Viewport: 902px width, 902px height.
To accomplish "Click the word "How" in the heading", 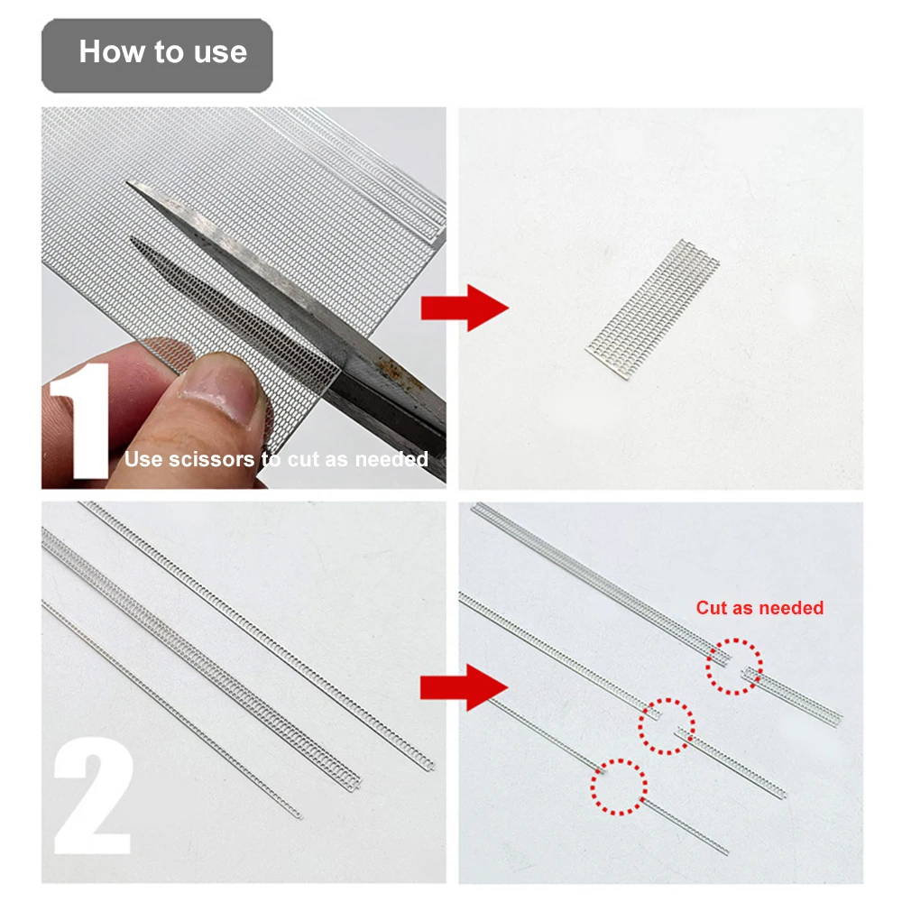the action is tap(112, 51).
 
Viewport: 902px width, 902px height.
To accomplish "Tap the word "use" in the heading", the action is tap(220, 53).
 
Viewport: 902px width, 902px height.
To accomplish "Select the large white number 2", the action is tap(93, 796).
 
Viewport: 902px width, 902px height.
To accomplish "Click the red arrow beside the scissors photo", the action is tap(465, 308).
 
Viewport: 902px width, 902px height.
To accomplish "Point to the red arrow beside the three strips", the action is tap(465, 687).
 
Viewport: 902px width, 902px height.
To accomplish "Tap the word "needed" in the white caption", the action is tap(391, 460).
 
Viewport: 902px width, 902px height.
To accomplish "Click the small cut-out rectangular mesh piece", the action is tap(652, 309).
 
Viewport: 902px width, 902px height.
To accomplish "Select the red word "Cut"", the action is tap(711, 608).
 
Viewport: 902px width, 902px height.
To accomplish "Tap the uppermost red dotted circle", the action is tap(734, 667).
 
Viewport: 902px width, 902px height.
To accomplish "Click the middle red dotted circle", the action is tap(667, 726).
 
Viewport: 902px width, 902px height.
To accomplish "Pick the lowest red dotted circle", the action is tap(619, 787).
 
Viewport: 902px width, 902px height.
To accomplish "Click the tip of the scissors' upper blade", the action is tap(128, 182).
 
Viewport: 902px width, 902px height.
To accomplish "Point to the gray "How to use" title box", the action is tap(157, 56).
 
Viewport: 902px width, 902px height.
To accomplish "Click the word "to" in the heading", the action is tap(169, 51).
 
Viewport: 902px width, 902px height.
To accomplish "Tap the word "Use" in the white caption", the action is tap(143, 460).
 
